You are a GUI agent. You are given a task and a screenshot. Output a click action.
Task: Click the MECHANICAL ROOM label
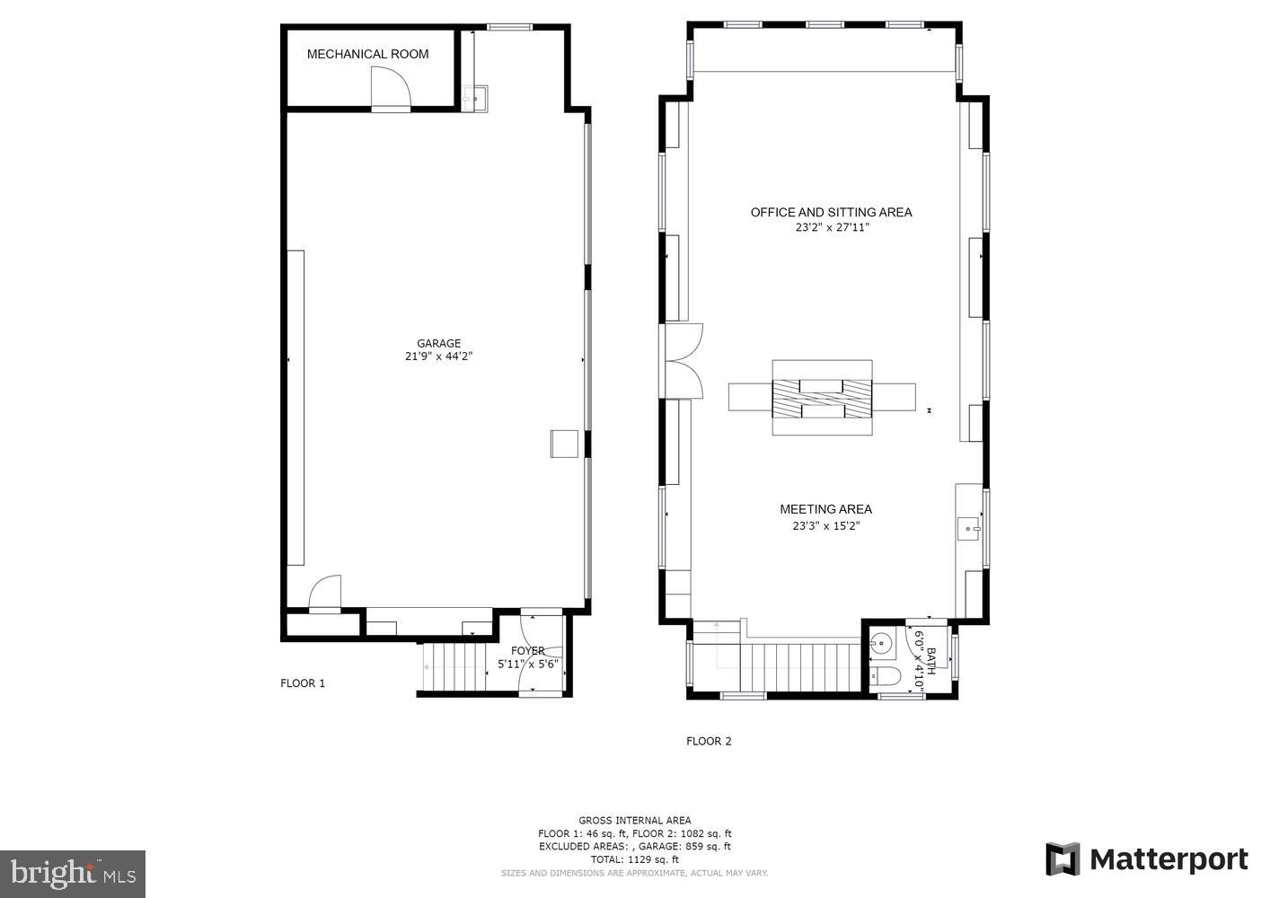click(367, 54)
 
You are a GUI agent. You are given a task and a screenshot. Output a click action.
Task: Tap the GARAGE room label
click(438, 343)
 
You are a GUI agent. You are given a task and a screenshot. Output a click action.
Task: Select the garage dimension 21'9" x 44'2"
click(438, 357)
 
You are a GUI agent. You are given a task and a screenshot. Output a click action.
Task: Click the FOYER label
click(527, 651)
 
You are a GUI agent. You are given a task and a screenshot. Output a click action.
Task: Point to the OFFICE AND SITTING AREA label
click(831, 213)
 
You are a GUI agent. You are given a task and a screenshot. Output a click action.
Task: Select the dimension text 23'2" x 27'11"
click(832, 228)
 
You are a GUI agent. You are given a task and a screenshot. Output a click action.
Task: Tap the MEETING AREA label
click(825, 509)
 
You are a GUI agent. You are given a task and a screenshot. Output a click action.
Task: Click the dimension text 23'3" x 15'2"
click(825, 526)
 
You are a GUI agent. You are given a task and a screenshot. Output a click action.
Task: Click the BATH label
click(931, 661)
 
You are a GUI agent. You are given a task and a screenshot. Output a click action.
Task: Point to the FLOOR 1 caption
click(303, 683)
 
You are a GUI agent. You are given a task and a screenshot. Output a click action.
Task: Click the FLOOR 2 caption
click(709, 742)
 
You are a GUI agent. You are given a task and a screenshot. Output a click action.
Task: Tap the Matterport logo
click(1147, 859)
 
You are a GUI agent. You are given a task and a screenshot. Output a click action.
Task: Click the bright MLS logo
click(73, 873)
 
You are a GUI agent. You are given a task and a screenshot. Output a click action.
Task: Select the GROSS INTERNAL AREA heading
click(634, 820)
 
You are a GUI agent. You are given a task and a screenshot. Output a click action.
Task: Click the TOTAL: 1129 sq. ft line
click(634, 859)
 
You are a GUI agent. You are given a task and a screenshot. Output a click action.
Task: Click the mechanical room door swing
click(391, 89)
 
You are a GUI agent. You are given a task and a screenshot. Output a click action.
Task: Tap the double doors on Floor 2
click(680, 360)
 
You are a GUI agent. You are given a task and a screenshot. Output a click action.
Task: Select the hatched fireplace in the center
click(822, 397)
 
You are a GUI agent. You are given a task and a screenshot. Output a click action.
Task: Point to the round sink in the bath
click(882, 643)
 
